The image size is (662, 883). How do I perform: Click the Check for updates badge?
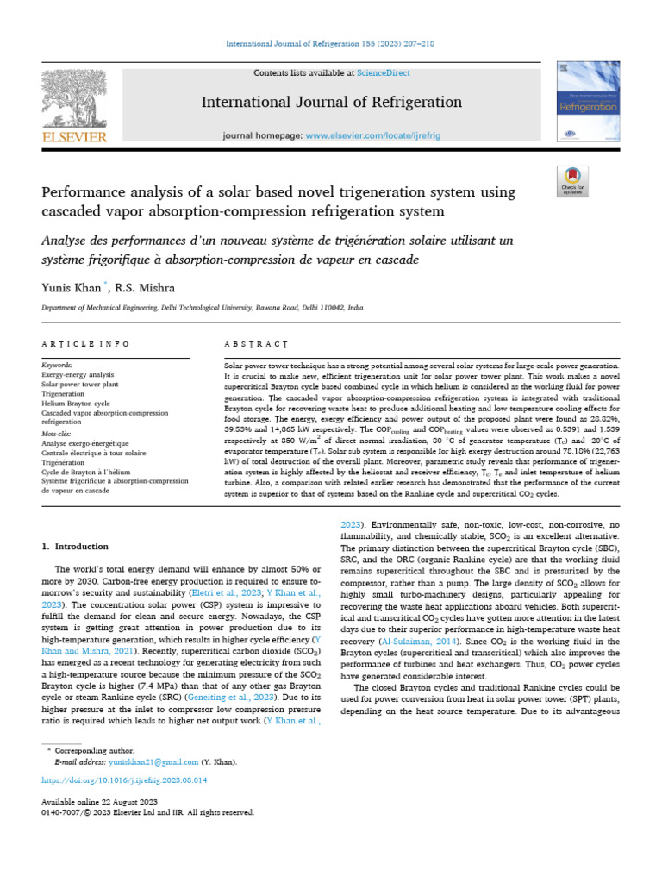572,179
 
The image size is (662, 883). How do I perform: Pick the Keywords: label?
58,366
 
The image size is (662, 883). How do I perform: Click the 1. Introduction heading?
76,546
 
